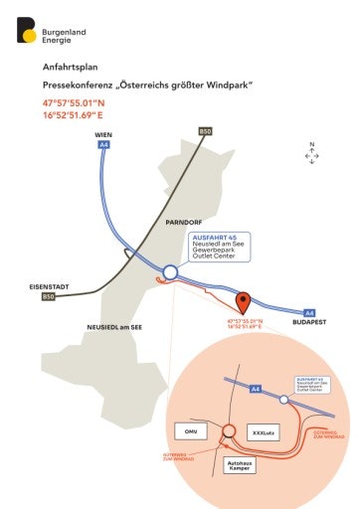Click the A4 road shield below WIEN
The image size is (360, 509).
103,145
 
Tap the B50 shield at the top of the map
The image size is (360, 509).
205,132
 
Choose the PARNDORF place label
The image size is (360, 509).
185,223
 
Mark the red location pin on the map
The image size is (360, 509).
244,303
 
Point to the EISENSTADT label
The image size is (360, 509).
49,286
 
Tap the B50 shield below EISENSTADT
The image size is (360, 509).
48,297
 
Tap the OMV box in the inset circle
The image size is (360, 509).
189,431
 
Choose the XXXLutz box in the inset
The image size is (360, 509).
263,433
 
